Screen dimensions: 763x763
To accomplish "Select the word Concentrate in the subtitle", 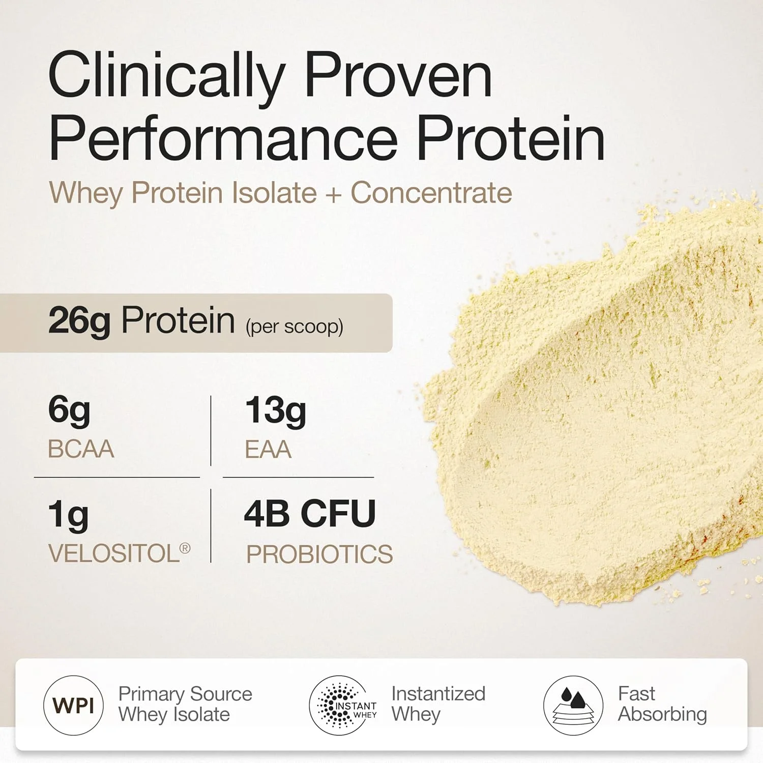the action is (x=431, y=193).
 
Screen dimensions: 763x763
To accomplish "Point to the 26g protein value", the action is (x=79, y=321).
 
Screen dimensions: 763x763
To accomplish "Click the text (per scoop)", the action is (x=295, y=327).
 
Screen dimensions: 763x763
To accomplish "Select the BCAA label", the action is (x=81, y=449).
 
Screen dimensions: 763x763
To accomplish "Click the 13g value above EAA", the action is (x=276, y=411).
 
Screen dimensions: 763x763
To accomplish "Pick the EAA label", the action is (x=268, y=450).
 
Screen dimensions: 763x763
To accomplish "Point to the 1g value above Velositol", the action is (x=68, y=515).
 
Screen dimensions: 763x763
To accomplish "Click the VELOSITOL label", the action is (x=114, y=553).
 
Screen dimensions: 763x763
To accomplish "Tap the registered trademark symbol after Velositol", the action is (x=185, y=548).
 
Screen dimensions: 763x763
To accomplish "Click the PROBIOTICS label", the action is (x=319, y=554).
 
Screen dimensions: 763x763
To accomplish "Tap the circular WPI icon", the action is (x=74, y=706).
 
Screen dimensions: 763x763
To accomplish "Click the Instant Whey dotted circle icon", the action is (x=340, y=706).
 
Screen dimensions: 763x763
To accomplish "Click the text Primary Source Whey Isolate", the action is (x=185, y=705).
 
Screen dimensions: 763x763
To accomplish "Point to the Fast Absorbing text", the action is (x=662, y=705).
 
